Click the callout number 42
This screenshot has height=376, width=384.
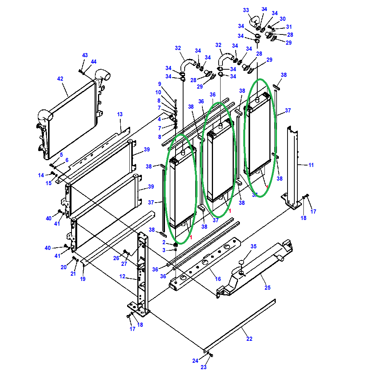pos(60,79)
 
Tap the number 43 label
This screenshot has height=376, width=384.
pos(85,56)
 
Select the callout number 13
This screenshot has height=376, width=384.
pos(120,114)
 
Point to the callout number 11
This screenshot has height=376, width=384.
pos(311,165)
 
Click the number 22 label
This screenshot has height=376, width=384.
pos(249,339)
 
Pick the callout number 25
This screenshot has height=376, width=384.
pos(267,288)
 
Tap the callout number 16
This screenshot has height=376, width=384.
pos(218,279)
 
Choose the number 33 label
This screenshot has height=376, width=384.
pos(246,10)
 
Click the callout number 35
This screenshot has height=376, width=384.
pos(253,247)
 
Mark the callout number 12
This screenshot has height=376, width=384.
pos(122,276)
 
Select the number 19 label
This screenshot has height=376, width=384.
pos(82,279)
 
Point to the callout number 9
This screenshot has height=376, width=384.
pos(160,84)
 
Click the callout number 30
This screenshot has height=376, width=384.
pos(282,19)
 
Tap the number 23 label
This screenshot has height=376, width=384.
pos(204,367)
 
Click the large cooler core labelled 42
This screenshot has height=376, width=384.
pos(70,119)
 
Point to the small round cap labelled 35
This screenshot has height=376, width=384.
pos(241,262)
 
